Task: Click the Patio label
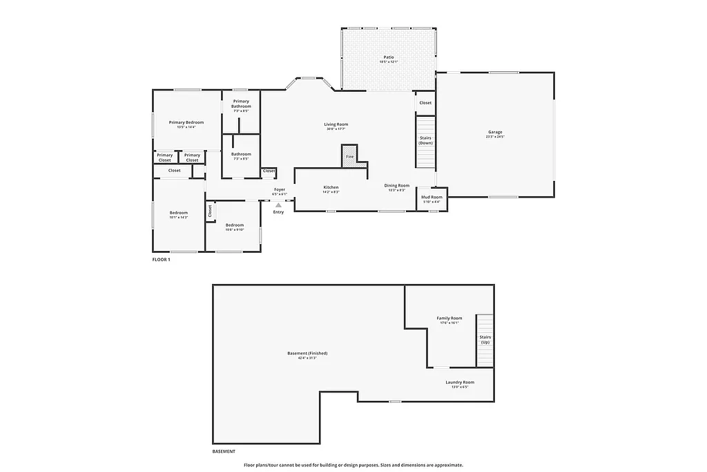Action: [389, 57]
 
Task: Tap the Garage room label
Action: [495, 132]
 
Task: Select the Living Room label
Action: [336, 125]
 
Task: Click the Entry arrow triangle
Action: [278, 205]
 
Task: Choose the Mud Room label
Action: [432, 197]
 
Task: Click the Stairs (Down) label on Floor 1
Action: [426, 140]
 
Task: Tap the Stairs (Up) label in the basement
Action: [485, 340]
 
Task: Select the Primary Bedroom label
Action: [186, 122]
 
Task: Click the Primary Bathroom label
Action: [241, 104]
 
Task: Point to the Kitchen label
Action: [331, 187]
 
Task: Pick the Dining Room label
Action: [397, 185]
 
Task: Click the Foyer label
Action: [280, 189]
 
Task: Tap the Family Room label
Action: [449, 318]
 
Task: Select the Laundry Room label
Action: [459, 382]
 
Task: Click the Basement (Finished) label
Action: [307, 353]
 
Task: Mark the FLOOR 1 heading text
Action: [161, 259]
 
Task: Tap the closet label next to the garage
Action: [425, 103]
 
